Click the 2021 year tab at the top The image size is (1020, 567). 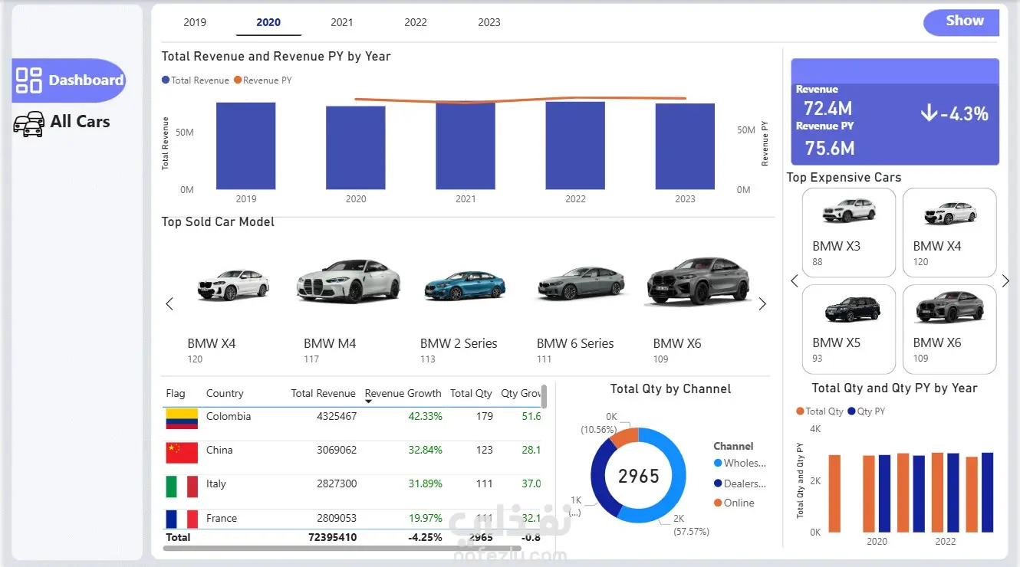342,22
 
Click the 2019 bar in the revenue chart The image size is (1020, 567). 245,146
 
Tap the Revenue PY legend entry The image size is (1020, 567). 263,80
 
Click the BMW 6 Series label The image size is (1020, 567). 575,344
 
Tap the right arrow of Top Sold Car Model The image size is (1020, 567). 762,304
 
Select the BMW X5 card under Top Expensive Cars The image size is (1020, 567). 848,329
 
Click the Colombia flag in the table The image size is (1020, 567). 182,418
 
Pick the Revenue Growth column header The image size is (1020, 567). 403,394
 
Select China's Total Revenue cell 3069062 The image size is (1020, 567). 337,451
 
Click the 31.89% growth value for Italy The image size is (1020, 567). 425,484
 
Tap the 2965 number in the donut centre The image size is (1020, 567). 639,477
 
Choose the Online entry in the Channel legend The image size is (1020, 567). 738,503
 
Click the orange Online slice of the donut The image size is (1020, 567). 625,437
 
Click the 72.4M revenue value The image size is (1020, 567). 828,109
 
